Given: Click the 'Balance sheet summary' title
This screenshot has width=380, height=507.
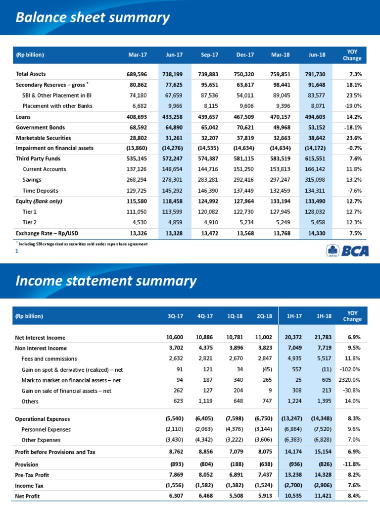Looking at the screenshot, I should click(93, 18).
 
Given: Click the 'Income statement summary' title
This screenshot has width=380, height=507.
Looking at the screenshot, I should click(106, 281).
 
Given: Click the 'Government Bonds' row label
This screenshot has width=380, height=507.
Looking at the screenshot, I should click(40, 127).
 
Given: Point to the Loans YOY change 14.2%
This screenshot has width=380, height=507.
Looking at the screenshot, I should click(352, 117).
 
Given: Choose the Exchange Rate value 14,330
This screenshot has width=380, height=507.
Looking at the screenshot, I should click(317, 233).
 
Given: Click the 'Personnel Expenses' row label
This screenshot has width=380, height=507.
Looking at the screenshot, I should click(46, 429).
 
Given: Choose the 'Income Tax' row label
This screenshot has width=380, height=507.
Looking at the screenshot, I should click(30, 485).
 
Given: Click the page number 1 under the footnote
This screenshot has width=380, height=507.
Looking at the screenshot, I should click(17, 252).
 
